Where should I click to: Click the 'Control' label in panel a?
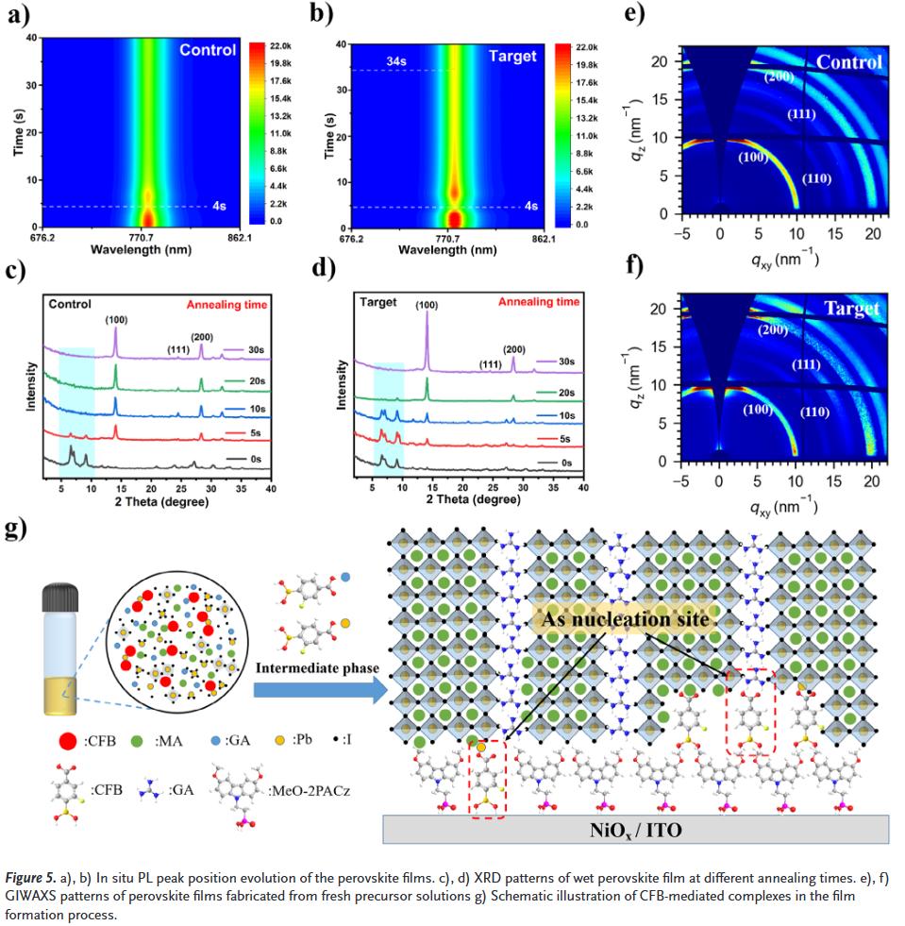[208, 50]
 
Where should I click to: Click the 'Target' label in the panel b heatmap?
[512, 56]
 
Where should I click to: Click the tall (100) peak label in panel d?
[427, 305]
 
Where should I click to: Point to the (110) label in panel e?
[816, 178]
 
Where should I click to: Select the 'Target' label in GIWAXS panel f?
[851, 309]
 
